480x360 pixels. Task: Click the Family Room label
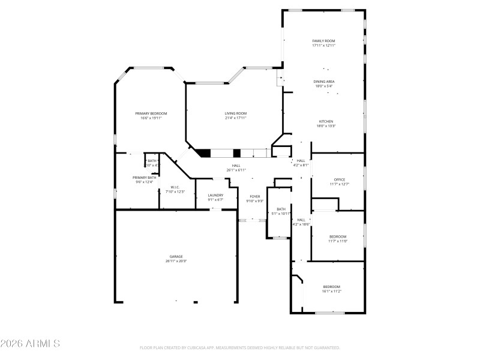323,41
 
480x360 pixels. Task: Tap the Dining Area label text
324,81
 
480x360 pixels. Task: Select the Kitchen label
326,121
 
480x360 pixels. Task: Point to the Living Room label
236,113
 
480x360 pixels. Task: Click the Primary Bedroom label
151,113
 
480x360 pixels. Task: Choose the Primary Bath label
145,178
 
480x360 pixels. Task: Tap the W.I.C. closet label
175,187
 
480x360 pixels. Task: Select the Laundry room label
215,195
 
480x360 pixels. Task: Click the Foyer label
255,196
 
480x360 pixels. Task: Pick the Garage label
176,256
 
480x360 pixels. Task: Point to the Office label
340,179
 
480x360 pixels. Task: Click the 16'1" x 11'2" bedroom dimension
332,291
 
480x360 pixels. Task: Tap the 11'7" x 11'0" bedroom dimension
338,241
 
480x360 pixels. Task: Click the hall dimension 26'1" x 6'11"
236,170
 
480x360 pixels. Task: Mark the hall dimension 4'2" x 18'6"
301,224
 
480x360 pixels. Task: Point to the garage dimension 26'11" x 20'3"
176,261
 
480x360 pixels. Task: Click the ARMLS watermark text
30,344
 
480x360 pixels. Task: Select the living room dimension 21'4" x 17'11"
236,118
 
